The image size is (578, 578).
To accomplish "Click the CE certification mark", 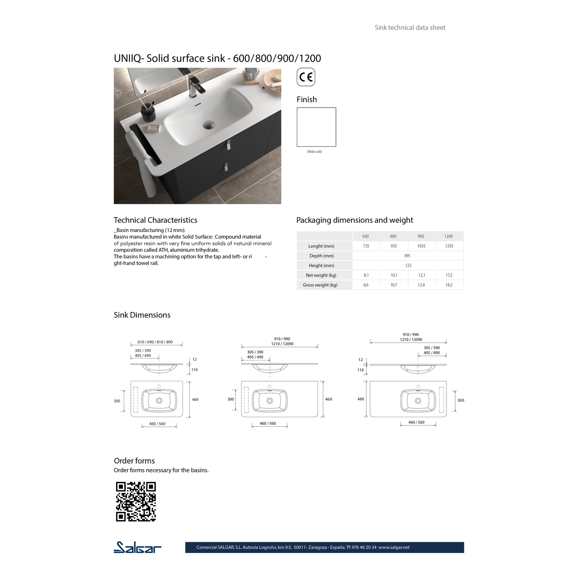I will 306,77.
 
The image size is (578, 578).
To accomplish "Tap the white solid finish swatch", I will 316,127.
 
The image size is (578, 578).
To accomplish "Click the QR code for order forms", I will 136,502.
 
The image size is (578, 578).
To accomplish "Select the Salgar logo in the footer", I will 137,547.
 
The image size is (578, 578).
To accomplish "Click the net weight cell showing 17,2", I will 449,275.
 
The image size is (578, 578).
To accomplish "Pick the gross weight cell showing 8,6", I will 366,285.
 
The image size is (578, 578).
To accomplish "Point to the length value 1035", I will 421,246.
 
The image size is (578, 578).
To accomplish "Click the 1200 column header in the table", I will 449,236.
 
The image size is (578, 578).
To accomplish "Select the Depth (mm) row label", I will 321,256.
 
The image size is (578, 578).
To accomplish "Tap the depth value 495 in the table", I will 407,256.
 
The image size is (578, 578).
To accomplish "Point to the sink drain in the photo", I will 208,125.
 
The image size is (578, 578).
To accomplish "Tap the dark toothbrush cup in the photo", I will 148,112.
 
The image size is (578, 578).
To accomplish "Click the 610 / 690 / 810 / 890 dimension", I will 155,342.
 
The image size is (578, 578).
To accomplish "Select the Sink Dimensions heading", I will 142,315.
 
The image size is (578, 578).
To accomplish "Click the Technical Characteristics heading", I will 155,220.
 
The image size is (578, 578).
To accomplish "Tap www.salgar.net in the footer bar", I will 394,547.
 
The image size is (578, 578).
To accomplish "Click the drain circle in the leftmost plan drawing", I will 159,400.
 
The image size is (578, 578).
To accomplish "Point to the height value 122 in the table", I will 408,265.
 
